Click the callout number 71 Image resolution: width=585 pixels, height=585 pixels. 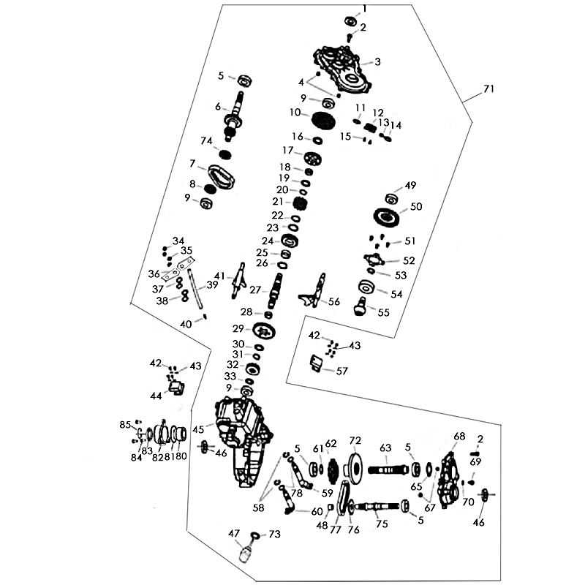(x=489, y=89)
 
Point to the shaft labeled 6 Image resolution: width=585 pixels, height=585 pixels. (x=238, y=113)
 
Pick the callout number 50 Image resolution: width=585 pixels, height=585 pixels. (x=415, y=207)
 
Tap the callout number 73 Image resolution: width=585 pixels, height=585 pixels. (x=274, y=535)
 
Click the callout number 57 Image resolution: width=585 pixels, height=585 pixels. (x=342, y=371)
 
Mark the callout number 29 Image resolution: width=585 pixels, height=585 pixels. (x=238, y=328)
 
